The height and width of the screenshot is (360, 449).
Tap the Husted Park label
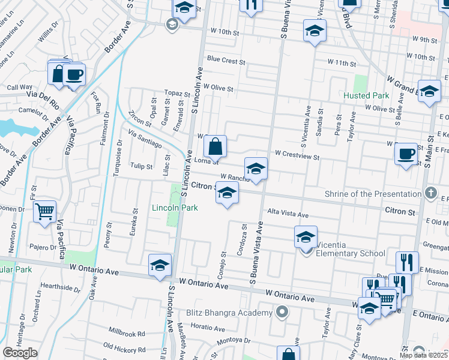(366, 95)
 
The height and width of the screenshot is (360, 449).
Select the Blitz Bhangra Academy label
(229, 313)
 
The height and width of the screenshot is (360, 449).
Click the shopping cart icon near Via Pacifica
(45, 212)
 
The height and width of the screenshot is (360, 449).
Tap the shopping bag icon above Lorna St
(215, 146)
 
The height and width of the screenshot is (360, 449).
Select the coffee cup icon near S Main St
(406, 154)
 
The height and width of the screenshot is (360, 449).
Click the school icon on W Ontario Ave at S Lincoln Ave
(160, 265)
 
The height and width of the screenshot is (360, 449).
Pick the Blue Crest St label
(226, 61)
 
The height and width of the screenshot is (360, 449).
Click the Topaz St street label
(177, 94)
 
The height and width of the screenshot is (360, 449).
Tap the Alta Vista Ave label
(288, 214)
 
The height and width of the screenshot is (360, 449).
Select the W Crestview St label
(297, 155)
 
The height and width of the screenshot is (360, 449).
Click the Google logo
(20, 353)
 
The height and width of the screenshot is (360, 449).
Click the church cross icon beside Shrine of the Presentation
(430, 193)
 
